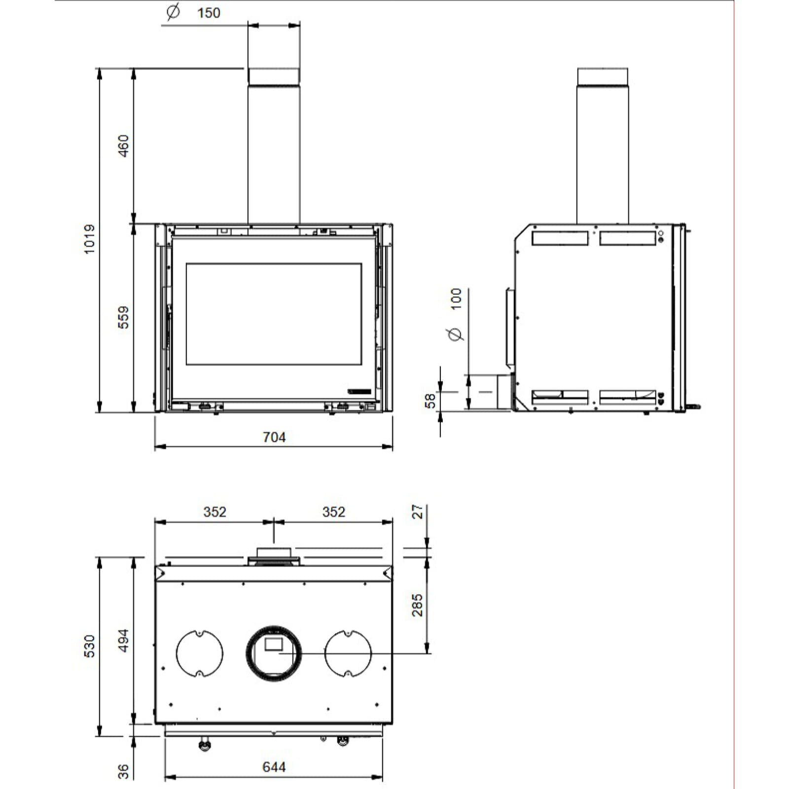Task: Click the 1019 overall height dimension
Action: [x=89, y=239]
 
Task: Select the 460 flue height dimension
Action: [x=123, y=145]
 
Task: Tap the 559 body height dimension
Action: [x=123, y=317]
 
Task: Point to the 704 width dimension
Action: [x=274, y=437]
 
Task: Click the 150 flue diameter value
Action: [x=209, y=13]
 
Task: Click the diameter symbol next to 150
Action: [x=173, y=12]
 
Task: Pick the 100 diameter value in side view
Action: [x=456, y=299]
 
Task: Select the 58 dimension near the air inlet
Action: [x=430, y=400]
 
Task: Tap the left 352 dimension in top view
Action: [x=215, y=512]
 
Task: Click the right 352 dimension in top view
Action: [x=333, y=512]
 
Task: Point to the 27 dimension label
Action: [x=418, y=511]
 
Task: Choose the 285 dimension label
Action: [x=418, y=605]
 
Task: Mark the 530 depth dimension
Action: [x=89, y=646]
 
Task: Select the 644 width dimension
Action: [x=274, y=767]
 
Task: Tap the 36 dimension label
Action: [x=123, y=771]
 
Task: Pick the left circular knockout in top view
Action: [x=199, y=653]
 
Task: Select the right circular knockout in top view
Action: [x=348, y=653]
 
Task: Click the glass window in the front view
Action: [x=274, y=314]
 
